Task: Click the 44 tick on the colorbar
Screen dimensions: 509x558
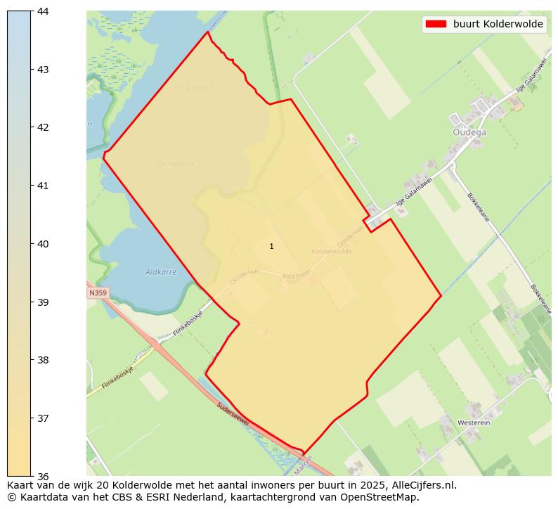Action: (x=32, y=11)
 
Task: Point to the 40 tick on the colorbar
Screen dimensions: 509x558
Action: (x=32, y=244)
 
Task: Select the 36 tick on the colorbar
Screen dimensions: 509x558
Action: (x=32, y=476)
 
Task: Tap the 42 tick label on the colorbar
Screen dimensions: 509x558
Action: (x=41, y=127)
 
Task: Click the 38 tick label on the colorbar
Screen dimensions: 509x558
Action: (x=41, y=360)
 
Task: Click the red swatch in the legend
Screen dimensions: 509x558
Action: (x=436, y=24)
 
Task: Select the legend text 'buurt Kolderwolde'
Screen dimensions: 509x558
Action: (x=498, y=24)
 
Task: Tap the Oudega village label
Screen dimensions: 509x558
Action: (x=469, y=131)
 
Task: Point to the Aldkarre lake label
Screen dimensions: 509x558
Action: (x=161, y=271)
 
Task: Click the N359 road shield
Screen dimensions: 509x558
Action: (x=98, y=292)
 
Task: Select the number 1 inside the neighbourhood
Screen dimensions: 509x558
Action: (x=271, y=247)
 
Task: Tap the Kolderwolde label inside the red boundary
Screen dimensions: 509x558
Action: (x=331, y=251)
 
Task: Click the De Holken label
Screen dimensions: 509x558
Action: (x=175, y=164)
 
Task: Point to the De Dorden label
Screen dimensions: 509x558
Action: (x=193, y=87)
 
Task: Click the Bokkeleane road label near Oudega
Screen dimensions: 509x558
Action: (x=479, y=207)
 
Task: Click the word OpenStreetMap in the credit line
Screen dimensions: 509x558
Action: (x=379, y=497)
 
